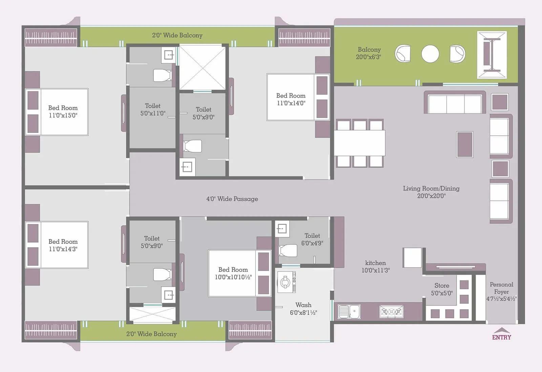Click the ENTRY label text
pos(501,337)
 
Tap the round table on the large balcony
pos(430,54)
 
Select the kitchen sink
pos(349,312)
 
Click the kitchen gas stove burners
pos(391,312)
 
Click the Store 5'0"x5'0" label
pos(442,289)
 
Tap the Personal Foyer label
pos(501,291)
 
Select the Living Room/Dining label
pos(431,192)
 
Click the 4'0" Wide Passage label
pos(232,199)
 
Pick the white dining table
pos(360,143)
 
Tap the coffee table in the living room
pos(464,144)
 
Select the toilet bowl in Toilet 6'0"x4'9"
pos(288,251)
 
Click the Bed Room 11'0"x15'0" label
pos(63,112)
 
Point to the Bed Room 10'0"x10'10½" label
pos(233,273)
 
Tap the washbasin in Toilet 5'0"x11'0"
pos(168,55)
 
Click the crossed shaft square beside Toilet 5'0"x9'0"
pos(202,68)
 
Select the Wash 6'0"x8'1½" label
pos(303,309)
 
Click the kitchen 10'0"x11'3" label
pos(375,267)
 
